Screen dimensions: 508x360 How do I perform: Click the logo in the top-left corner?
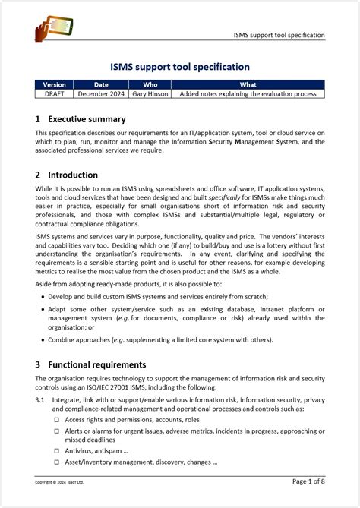tap(54, 28)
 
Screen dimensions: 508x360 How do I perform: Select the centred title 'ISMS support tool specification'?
tap(180, 67)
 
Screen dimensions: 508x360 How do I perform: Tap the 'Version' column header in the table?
tap(54, 84)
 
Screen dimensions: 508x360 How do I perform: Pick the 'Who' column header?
tap(150, 84)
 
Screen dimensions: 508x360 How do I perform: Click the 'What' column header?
tap(248, 84)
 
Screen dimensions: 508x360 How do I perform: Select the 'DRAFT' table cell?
tap(54, 93)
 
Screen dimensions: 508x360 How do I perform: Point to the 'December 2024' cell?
tap(102, 93)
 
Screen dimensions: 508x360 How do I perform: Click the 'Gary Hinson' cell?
tap(150, 93)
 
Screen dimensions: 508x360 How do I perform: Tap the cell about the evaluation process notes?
tap(248, 93)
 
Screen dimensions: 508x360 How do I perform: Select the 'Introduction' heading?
tap(72, 175)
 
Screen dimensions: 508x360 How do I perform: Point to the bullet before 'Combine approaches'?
tap(42, 341)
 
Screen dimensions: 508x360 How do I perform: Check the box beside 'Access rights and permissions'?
tap(56, 419)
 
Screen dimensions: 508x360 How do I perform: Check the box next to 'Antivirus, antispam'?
tap(56, 450)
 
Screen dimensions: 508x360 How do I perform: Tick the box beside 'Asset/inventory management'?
tap(56, 462)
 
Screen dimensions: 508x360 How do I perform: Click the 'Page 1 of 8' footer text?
tap(308, 481)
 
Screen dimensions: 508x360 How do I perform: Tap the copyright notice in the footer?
tap(59, 482)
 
